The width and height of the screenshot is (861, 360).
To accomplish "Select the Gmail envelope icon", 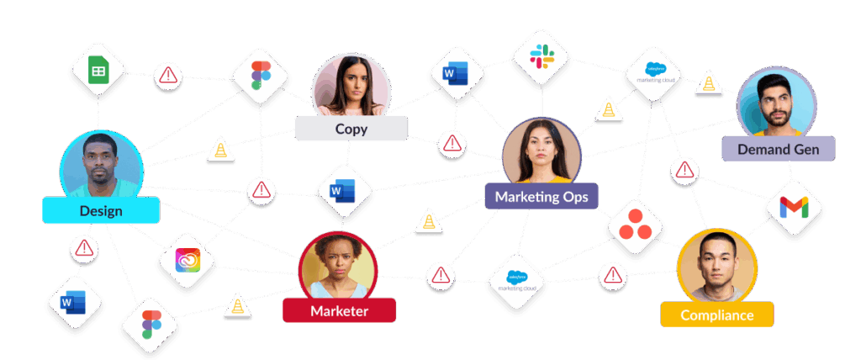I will (791, 207).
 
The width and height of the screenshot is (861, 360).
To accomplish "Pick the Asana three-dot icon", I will (636, 226).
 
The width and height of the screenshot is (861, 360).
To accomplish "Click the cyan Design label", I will (101, 210).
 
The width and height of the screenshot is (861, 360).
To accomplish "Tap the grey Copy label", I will (351, 129).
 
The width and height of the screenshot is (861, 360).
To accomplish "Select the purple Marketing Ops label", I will (541, 197).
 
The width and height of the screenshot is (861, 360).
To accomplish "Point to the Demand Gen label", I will (779, 149).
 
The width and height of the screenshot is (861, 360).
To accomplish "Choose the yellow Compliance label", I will (717, 315).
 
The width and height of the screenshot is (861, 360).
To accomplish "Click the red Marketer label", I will (339, 310).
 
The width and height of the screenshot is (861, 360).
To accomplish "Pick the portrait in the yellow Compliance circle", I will (716, 267).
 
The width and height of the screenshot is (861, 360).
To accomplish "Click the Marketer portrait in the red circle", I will (338, 263).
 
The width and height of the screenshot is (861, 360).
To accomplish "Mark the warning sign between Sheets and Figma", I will (168, 76).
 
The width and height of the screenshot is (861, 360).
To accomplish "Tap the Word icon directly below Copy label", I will (343, 193).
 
